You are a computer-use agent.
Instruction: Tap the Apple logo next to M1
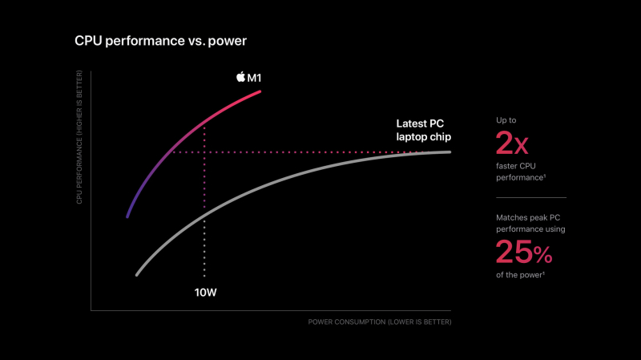pyautogui.click(x=240, y=76)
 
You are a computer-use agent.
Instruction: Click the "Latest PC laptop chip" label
pyautogui.click(x=424, y=130)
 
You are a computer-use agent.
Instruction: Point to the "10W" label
pyautogui.click(x=206, y=292)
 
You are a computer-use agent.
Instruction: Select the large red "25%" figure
pyautogui.click(x=524, y=252)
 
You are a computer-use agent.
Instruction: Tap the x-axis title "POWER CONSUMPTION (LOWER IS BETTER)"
pyautogui.click(x=380, y=322)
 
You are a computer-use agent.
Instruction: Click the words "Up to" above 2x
pyautogui.click(x=506, y=120)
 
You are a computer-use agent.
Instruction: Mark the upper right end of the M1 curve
pyautogui.click(x=260, y=91)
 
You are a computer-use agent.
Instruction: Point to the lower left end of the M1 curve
pyautogui.click(x=127, y=216)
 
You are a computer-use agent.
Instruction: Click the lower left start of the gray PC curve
pyautogui.click(x=137, y=275)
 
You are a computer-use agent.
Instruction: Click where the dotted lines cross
pyautogui.click(x=205, y=152)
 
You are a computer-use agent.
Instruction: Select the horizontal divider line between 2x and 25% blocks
pyautogui.click(x=530, y=197)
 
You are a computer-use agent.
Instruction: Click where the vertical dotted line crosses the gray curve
pyautogui.click(x=205, y=214)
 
